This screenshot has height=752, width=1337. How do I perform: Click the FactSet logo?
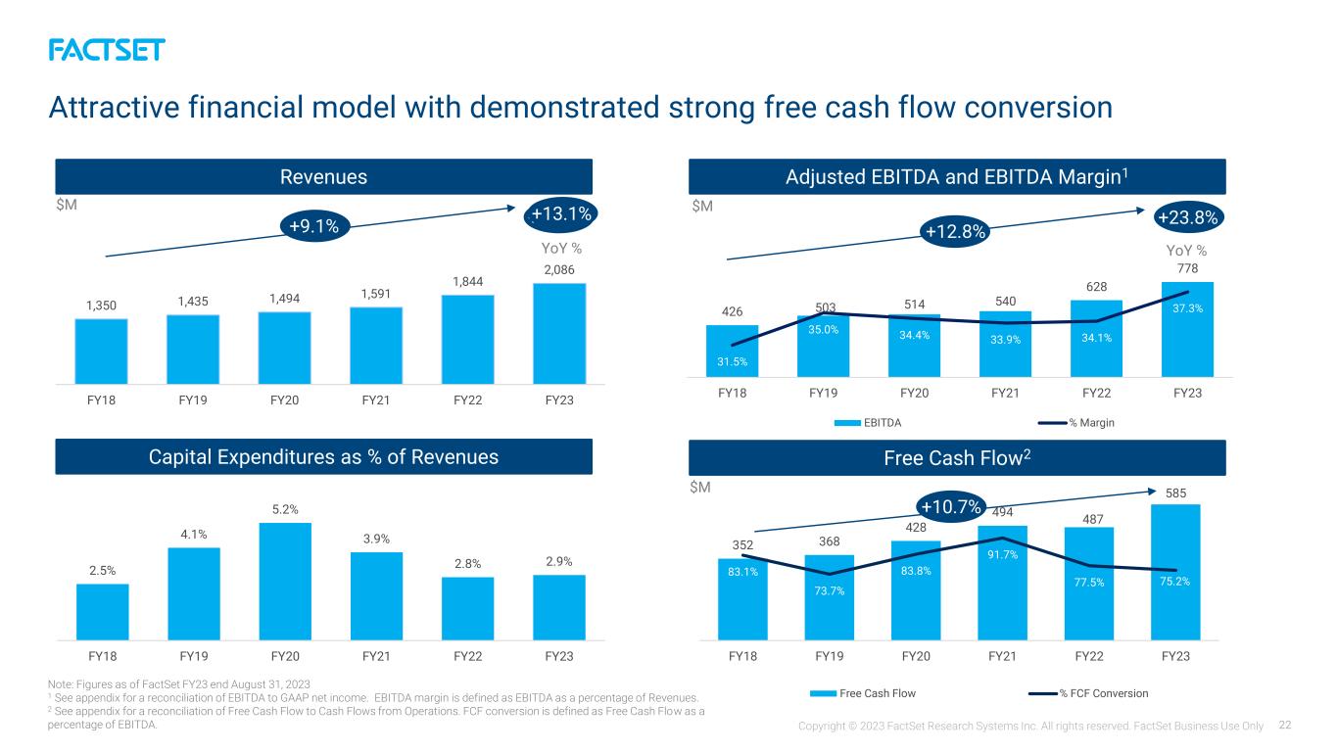107,50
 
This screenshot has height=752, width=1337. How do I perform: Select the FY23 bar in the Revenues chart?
559,333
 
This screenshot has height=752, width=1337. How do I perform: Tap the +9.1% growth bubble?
314,226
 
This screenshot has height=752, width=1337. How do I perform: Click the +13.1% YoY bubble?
560,214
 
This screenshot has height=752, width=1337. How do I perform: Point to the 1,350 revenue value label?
102,305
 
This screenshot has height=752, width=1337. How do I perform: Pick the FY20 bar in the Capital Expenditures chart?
285,582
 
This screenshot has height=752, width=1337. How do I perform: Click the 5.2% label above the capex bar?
285,509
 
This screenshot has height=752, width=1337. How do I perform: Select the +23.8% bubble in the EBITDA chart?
1188,217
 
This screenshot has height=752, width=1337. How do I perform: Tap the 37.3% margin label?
1188,308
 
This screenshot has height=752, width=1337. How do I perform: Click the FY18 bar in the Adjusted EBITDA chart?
733,351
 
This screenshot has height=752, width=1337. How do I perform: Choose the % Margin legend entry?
1076,423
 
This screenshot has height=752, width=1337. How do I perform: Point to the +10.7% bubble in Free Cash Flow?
951,506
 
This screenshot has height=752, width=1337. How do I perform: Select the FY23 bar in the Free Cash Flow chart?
1175,573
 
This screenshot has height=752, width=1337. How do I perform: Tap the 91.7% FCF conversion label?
1003,555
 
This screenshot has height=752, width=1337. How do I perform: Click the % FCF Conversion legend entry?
1089,693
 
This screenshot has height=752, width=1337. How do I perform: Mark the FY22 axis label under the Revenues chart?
468,399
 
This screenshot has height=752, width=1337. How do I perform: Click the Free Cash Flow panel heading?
957,458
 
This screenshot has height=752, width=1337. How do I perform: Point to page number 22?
1285,725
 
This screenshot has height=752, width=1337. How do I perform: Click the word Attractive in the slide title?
114,108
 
